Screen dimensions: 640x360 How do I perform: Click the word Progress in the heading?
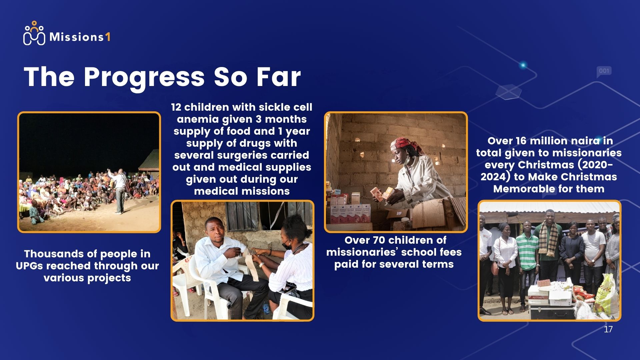coord(144,77)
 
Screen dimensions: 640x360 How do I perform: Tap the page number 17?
coord(608,329)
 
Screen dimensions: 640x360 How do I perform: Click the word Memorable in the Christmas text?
coord(521,189)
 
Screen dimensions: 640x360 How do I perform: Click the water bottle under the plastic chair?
coord(265,309)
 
